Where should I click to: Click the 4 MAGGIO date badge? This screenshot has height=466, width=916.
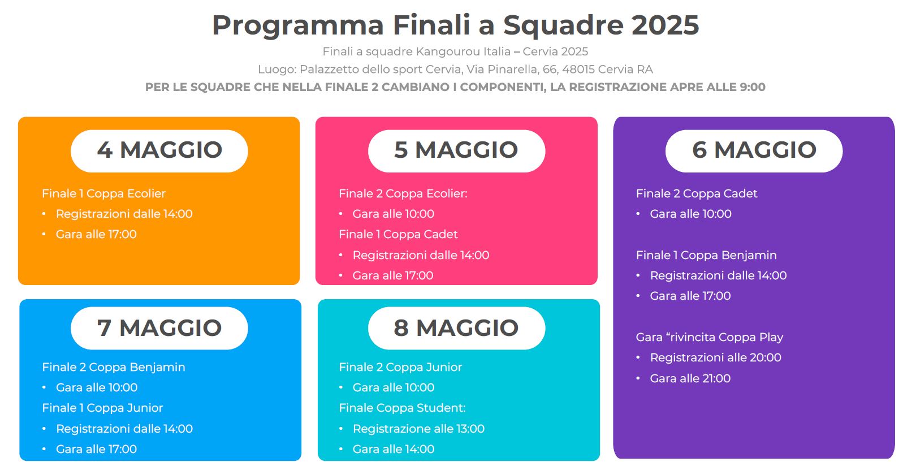[159, 151]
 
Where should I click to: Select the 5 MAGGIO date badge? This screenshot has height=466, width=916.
[456, 151]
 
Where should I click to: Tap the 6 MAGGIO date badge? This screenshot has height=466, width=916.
[754, 151]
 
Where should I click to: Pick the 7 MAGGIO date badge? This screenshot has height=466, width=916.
[159, 328]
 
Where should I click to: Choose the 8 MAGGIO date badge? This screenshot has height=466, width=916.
[456, 328]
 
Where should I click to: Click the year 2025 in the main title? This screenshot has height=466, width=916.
[666, 25]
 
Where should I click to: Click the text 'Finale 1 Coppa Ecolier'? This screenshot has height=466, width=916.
[103, 193]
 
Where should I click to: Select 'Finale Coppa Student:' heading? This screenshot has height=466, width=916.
[402, 408]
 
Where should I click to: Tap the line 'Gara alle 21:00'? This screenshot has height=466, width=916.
[690, 378]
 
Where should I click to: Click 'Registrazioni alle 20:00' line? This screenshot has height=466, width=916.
[715, 357]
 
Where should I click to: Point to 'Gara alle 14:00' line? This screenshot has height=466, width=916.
[394, 449]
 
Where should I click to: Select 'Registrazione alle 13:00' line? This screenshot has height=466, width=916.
[418, 429]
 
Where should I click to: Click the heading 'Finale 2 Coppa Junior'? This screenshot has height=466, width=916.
[400, 367]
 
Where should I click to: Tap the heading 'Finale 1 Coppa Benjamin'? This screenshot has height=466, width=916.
[706, 255]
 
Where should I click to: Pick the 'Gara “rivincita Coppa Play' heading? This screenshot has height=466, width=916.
[710, 337]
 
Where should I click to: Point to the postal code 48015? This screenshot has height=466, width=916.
[578, 69]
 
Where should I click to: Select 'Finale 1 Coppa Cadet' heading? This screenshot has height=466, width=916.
[398, 235]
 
